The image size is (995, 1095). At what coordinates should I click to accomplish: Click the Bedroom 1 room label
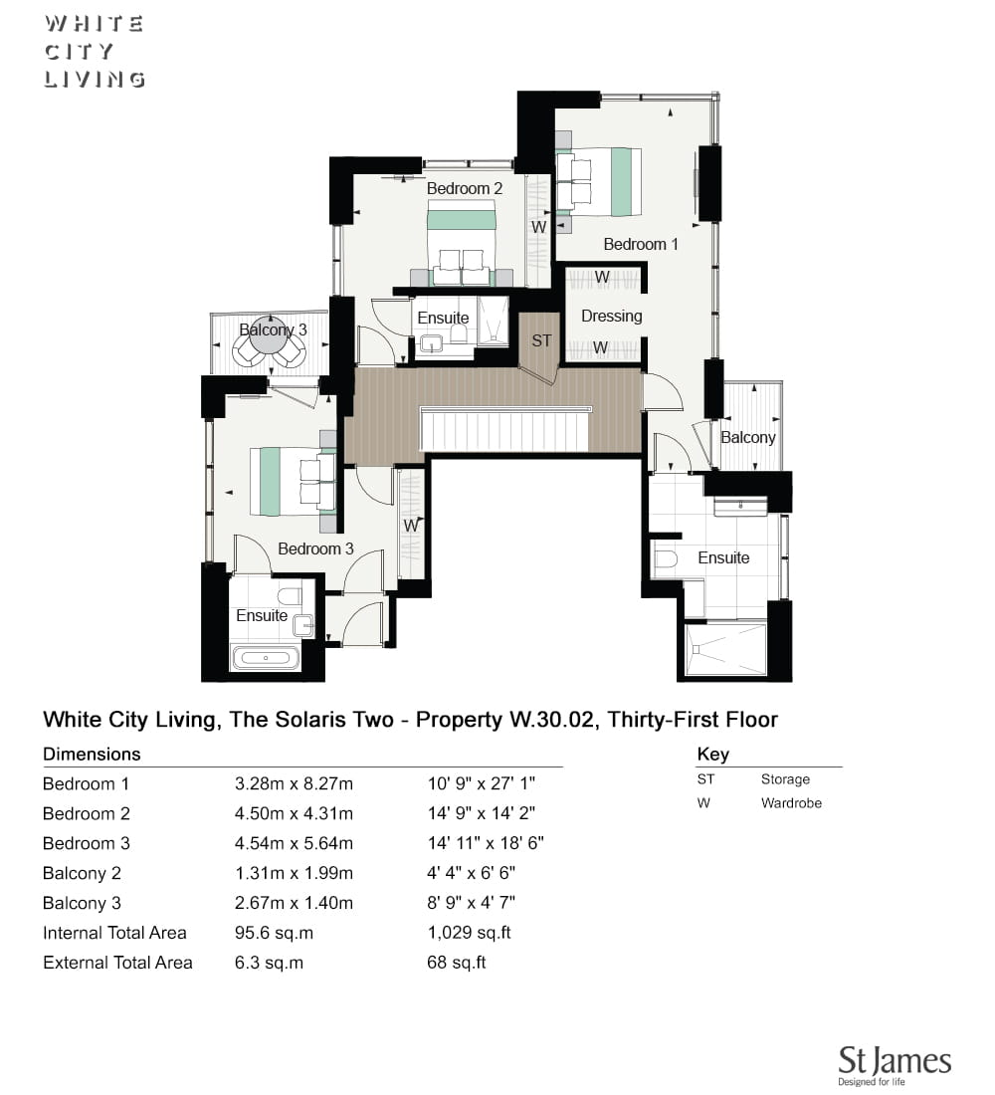(x=641, y=245)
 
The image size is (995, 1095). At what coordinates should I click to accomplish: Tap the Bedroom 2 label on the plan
(x=465, y=188)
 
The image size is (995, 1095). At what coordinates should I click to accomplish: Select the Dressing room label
(x=612, y=317)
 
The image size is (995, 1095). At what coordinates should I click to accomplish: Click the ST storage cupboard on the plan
(x=540, y=340)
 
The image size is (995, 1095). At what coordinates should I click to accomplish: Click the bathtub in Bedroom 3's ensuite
(x=266, y=658)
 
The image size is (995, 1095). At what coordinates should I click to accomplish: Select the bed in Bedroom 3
(x=294, y=481)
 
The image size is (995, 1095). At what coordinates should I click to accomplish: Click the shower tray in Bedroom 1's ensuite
(x=725, y=649)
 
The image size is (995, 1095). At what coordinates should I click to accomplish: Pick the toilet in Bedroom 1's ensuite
(x=666, y=558)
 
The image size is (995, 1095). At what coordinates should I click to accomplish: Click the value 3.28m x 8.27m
(x=294, y=783)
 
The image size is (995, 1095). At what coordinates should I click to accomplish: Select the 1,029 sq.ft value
(x=470, y=933)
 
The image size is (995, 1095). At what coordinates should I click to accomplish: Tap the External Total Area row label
(x=117, y=963)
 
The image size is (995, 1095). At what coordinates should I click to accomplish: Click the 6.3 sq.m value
(x=269, y=963)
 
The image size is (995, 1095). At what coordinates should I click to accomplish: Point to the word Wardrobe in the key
(x=791, y=803)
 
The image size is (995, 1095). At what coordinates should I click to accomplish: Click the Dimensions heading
(x=92, y=755)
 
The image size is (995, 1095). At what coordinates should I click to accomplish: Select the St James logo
(x=895, y=1065)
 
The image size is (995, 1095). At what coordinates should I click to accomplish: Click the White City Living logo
(x=95, y=52)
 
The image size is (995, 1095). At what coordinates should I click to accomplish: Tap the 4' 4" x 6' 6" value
(x=472, y=873)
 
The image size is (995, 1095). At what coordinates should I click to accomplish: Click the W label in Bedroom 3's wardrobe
(x=411, y=525)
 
